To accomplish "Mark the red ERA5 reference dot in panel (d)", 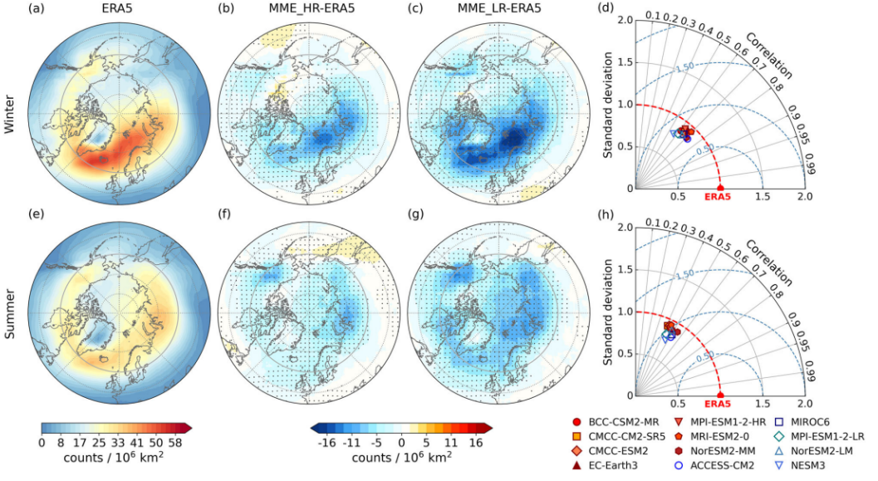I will point(719,188).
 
